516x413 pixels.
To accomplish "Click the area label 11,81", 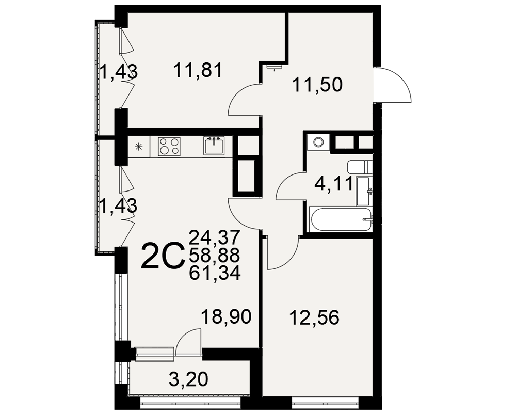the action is point(198,71).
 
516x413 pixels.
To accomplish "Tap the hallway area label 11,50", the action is point(317,85).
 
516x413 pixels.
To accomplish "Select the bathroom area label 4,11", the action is point(334,184).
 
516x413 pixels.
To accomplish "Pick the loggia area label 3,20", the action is point(188,379).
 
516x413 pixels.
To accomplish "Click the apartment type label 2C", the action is point(163,255).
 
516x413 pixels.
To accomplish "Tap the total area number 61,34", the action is point(215,273).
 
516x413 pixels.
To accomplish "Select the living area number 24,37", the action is point(215,237).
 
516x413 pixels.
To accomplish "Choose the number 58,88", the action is point(215,255).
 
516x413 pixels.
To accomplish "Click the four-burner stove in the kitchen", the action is point(169,147).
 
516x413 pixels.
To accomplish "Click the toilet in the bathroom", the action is point(360,167).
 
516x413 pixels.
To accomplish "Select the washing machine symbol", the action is point(318,142).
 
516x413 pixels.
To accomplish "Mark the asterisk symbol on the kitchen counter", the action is point(139,147).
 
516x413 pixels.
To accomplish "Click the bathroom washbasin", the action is point(364,192).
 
